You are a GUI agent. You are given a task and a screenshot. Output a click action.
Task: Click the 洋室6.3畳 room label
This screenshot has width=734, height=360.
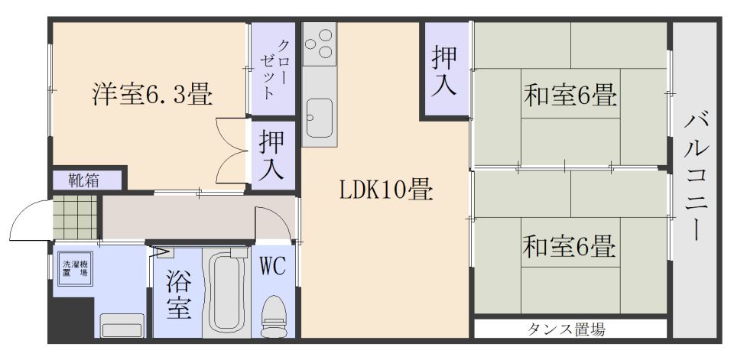pos(151,95)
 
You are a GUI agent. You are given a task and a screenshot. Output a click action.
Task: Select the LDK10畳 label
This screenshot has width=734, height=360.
pos(386,191)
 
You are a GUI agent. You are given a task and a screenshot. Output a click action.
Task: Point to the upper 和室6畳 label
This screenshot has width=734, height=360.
pos(570,95)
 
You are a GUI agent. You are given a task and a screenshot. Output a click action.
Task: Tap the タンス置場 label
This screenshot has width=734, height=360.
pos(566,329)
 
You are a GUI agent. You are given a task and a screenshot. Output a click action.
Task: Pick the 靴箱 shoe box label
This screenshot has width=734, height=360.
pos(84,180)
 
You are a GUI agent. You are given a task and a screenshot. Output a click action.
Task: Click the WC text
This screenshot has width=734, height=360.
pos(273,268)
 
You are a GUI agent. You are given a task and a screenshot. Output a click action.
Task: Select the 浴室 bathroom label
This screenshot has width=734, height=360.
pos(178,295)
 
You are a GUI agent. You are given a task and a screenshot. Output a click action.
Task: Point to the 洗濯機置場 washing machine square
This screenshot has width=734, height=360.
pos(75,268)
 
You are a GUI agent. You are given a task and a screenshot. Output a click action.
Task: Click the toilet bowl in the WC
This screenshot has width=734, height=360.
pos(274,315)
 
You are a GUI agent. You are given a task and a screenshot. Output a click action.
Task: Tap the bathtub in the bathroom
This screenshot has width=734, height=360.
pos(226,293)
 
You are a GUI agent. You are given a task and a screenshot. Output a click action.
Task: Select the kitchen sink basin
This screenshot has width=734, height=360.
pos(320,118)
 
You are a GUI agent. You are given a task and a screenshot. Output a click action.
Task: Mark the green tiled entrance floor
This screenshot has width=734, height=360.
pos(75,217)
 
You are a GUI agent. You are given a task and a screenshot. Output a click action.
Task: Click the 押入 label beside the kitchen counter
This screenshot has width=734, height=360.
pos(272,155)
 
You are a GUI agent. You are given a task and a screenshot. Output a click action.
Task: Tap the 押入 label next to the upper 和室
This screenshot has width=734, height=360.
pos(443,70)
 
